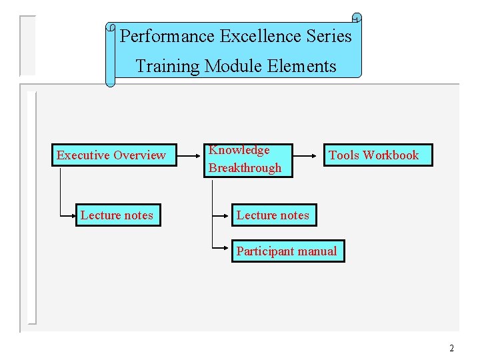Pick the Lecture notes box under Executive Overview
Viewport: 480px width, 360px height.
[x=118, y=215]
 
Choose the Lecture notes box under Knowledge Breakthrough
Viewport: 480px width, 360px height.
[x=272, y=215]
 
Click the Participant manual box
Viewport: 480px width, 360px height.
[x=288, y=251]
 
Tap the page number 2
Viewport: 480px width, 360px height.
[x=451, y=348]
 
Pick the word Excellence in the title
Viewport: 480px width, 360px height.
[x=256, y=36]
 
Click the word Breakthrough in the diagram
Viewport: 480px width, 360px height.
[x=245, y=168]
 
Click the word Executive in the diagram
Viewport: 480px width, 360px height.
[x=83, y=155]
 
